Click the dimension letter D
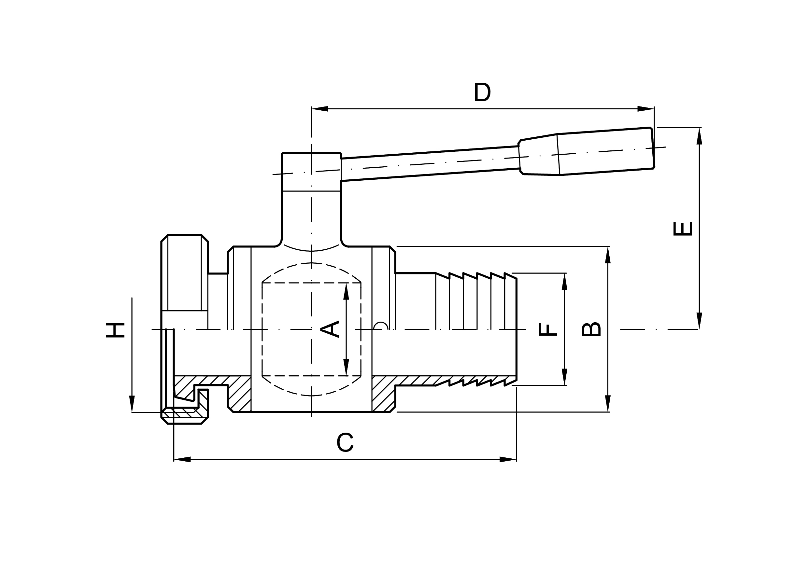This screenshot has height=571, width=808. point(482,92)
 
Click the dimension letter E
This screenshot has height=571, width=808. point(683,229)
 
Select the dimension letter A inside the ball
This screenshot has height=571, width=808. point(329,329)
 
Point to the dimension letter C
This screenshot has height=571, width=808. point(345,442)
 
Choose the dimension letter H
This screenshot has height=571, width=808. point(115,330)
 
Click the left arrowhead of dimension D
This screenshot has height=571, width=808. point(320,109)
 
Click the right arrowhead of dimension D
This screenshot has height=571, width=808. point(645,109)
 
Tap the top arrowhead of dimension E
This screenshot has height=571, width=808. point(699,136)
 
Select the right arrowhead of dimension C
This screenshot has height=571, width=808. point(508,459)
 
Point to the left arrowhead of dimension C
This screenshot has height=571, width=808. point(182,459)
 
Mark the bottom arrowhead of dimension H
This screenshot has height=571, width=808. point(132,404)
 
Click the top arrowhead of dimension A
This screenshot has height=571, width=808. point(346,292)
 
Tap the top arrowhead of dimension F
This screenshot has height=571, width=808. point(564,282)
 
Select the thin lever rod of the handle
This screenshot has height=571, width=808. point(429,164)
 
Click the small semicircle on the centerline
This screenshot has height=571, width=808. point(381,326)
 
